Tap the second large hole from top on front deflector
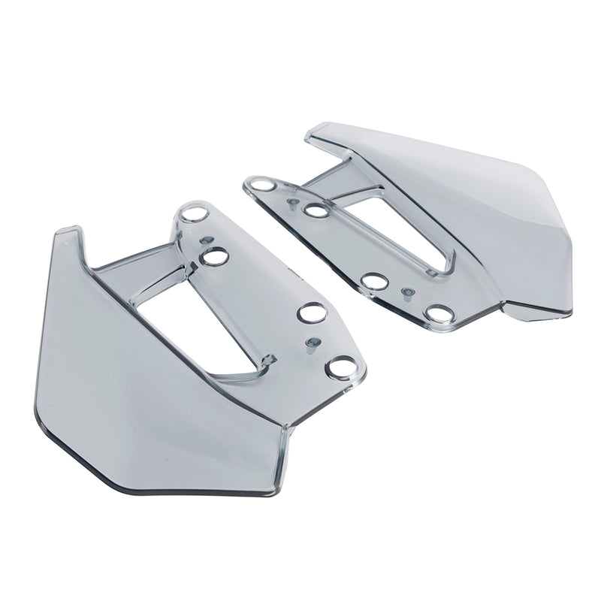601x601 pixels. [x=215, y=256]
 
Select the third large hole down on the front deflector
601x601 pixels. [x=309, y=312]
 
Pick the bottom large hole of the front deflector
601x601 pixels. [x=343, y=367]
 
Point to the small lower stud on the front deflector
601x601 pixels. [x=309, y=344]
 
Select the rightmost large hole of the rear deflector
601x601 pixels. [x=437, y=313]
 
